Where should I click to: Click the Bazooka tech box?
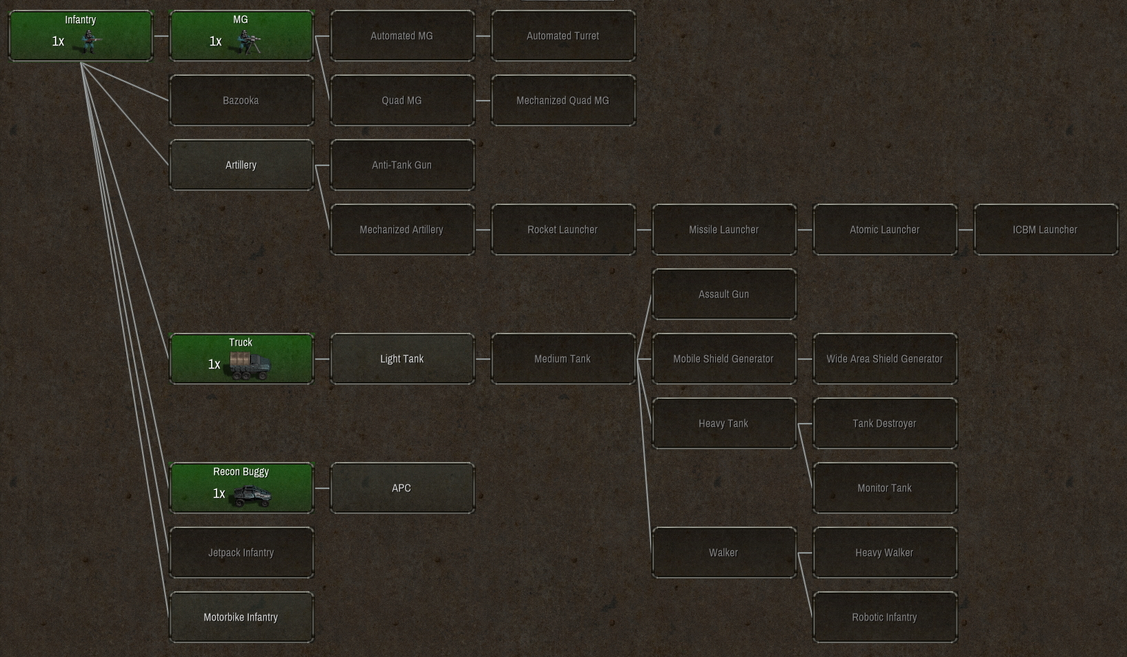[x=241, y=100]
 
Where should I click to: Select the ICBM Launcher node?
[x=1045, y=230]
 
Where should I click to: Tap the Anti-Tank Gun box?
[x=402, y=165]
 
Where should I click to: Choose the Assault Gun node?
[x=724, y=294]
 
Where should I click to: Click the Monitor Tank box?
[x=885, y=488]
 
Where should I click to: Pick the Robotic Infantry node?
[x=885, y=617]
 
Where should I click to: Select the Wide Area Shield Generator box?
[x=885, y=359]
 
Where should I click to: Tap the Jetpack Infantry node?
[x=241, y=553]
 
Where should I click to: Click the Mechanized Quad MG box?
[x=563, y=100]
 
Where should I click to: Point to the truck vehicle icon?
[x=250, y=366]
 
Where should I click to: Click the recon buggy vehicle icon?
[x=252, y=495]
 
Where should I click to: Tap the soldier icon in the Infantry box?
[x=91, y=42]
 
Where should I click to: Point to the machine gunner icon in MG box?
[x=248, y=42]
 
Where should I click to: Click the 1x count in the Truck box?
[x=215, y=364]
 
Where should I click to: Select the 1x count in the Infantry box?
[x=58, y=41]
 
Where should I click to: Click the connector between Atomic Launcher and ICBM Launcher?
[x=965, y=230]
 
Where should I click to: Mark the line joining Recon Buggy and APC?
[x=322, y=488]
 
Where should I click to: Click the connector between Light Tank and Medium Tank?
[x=483, y=359]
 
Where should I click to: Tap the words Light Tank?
[x=402, y=359]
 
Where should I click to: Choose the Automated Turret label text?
[x=563, y=36]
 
